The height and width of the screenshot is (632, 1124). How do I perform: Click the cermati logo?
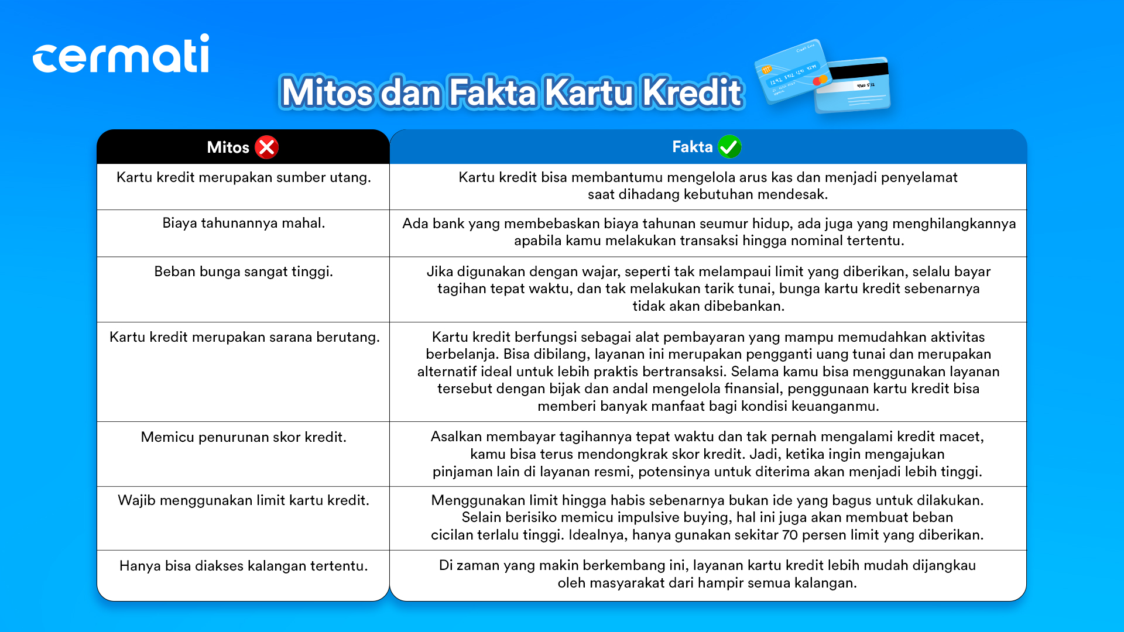tap(121, 53)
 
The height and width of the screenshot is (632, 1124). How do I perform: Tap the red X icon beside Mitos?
tap(267, 147)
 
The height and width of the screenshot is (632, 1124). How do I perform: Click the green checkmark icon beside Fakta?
tap(729, 147)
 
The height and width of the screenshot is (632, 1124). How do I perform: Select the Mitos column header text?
tap(228, 147)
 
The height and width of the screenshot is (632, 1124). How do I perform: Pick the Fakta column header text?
tap(693, 147)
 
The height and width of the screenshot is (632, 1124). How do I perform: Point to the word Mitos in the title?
tap(327, 92)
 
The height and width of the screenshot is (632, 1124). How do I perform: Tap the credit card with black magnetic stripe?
tap(852, 85)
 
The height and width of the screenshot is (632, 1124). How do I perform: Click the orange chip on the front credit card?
tap(766, 70)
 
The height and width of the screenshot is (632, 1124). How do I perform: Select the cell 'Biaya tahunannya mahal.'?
tap(244, 223)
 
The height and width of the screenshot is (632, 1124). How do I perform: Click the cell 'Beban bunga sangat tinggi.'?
tap(244, 272)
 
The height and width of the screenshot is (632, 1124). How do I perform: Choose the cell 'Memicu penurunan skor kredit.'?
tap(244, 437)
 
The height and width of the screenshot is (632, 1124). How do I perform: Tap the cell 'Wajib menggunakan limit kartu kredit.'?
tap(244, 500)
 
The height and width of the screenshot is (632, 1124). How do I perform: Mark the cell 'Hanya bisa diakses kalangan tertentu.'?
tap(244, 566)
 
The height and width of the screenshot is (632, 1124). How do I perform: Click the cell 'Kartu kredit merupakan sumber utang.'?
tap(244, 177)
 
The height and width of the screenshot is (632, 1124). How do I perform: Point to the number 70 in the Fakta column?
tap(790, 535)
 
